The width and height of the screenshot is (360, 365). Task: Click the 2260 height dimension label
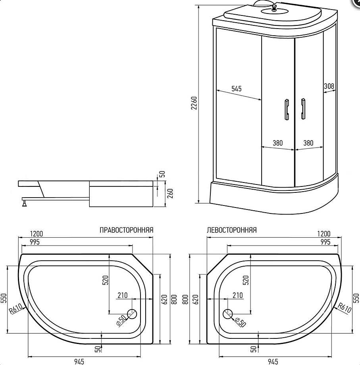pos(194,103)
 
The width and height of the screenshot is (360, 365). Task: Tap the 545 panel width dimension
pos(236,89)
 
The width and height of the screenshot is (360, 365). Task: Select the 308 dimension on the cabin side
pos(329,86)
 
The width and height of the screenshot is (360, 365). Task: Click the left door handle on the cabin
pos(287,109)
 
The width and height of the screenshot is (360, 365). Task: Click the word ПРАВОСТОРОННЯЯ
pos(127,230)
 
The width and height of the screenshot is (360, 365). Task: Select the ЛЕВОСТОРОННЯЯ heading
pos(232,230)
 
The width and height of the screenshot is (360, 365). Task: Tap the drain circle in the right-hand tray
pos(132,314)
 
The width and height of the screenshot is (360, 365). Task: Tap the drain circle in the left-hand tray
pos(228,314)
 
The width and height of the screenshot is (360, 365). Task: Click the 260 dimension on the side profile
pos(170,193)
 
